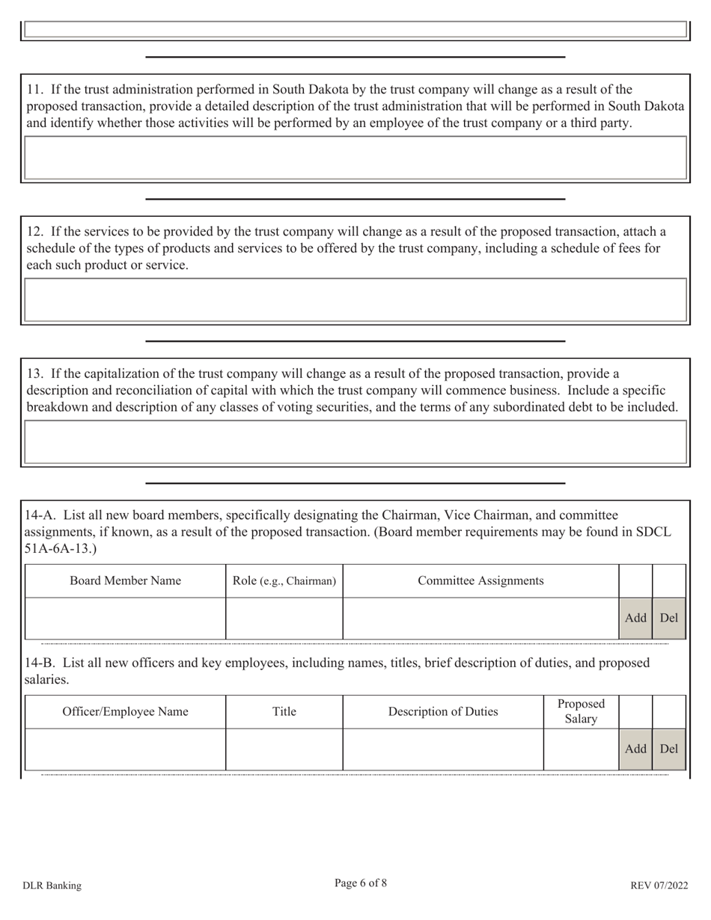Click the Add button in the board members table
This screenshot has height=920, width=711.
point(635,618)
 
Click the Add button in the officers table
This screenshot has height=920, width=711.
point(635,749)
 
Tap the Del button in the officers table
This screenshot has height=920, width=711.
point(668,749)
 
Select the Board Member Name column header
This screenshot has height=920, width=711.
point(125,580)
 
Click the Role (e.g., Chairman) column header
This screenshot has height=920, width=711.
point(284,580)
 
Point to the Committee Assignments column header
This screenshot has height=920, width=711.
point(480,580)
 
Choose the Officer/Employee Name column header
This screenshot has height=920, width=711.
point(125,711)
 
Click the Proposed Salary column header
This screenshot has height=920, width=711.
point(581,711)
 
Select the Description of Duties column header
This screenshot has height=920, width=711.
point(443,711)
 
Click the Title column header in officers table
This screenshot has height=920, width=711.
point(284,711)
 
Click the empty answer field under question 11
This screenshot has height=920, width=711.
point(355,157)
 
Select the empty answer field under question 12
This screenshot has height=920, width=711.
point(355,299)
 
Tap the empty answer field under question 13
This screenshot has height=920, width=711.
point(355,441)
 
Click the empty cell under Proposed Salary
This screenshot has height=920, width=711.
point(581,749)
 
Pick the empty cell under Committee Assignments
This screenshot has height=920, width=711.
point(480,618)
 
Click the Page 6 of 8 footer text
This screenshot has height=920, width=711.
point(361,883)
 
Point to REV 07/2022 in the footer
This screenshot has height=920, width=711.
point(659,886)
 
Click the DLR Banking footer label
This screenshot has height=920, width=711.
point(52,886)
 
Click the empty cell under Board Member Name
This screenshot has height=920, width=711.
point(125,618)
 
